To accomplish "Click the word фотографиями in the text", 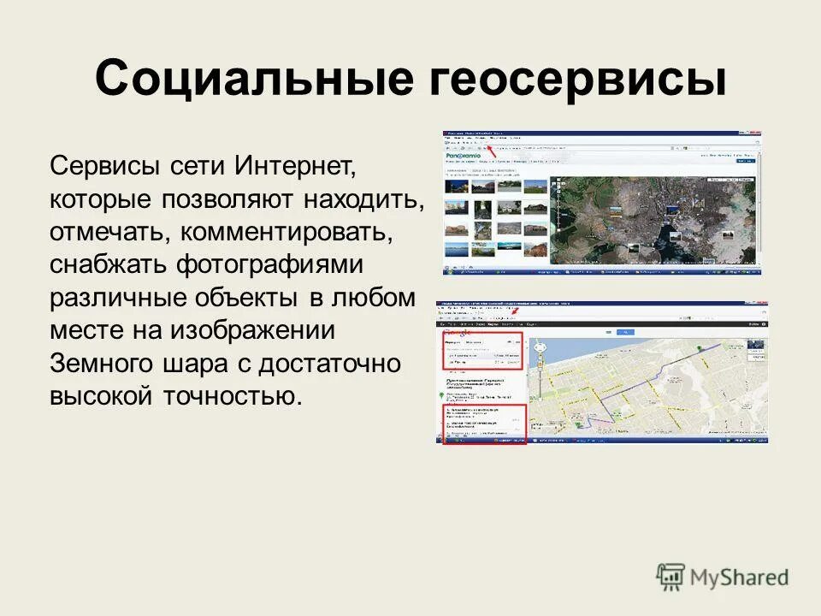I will (270, 265).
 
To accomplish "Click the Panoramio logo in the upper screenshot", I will (463, 156).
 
